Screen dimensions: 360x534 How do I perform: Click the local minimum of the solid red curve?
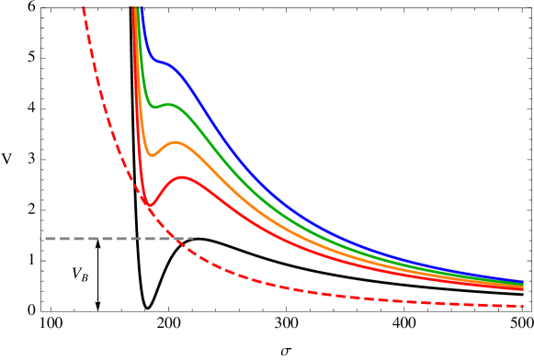[147, 204]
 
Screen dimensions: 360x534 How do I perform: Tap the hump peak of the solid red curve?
[183, 177]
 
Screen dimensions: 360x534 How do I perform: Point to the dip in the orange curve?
[152, 155]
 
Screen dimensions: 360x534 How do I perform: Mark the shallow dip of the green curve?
[154, 107]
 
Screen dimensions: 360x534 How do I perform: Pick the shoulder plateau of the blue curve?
[162, 63]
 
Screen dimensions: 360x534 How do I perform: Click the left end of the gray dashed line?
[40, 239]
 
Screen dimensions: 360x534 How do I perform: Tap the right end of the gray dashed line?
[193, 239]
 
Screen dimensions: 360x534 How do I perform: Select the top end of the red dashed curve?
[84, 7]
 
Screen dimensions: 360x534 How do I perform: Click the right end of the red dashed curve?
[523, 306]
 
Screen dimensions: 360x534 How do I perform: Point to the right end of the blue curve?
[523, 281]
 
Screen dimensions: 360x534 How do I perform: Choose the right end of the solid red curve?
[523, 289]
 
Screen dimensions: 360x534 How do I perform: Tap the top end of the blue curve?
[141, 7]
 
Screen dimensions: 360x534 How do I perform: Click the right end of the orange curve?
[523, 287]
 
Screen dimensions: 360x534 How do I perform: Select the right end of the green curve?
[523, 284]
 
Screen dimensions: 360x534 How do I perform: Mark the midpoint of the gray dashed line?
[117, 239]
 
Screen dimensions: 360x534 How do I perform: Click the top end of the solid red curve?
[133, 7]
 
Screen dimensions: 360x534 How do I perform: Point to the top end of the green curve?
[138, 7]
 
